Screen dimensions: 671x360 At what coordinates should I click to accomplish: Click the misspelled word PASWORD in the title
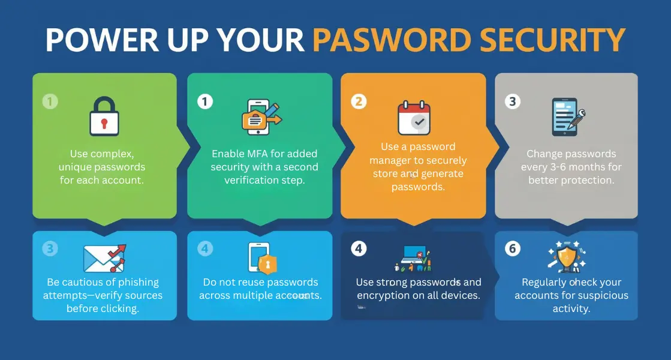coord(392,40)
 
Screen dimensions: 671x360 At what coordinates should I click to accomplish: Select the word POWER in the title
coord(103,40)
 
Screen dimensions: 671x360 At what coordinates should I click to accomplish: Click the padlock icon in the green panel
coord(104,116)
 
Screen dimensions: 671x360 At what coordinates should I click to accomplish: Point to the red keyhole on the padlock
coord(104,123)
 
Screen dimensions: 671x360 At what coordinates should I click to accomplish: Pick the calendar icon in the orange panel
coord(414,118)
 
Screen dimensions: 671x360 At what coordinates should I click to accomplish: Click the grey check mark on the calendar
coord(419,122)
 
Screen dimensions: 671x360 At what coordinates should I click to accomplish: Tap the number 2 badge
coord(359,101)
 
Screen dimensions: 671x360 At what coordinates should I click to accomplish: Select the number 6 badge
coord(512,248)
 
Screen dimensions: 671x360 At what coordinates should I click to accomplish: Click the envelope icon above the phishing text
coord(104,258)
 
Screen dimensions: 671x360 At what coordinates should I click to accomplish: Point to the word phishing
coord(140,283)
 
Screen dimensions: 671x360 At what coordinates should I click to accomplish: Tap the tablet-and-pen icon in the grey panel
coord(568,117)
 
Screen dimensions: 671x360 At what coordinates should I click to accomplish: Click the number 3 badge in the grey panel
coord(512,101)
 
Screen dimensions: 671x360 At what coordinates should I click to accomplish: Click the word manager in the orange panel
coord(389,161)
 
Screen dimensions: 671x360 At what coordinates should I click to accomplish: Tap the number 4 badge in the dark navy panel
coord(359,248)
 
